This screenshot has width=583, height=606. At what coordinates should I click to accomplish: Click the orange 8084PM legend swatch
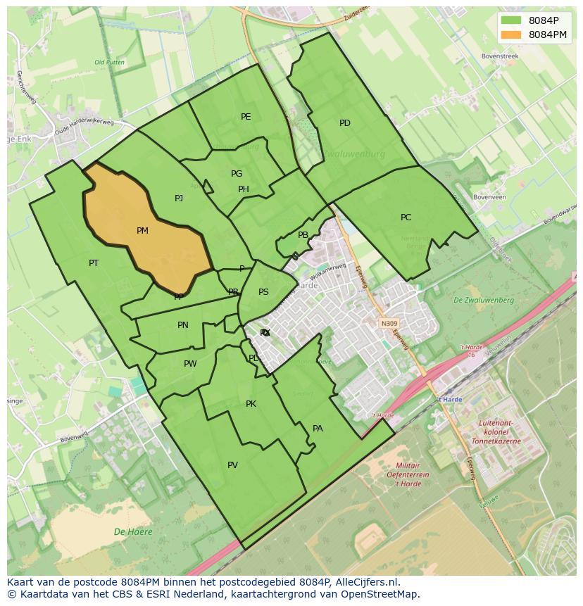pyautogui.click(x=512, y=34)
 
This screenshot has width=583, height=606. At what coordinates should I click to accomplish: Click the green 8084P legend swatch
pyautogui.click(x=512, y=20)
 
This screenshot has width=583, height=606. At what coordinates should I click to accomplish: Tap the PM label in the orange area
pyautogui.click(x=142, y=231)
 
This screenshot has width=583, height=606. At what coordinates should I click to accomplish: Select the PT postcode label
pyautogui.click(x=94, y=263)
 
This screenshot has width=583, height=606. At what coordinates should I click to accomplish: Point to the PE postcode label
pyautogui.click(x=246, y=117)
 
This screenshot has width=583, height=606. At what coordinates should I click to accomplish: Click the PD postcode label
pyautogui.click(x=345, y=123)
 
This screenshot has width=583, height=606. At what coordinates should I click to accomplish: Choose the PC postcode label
pyautogui.click(x=406, y=217)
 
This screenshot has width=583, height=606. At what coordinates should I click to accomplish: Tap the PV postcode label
pyautogui.click(x=232, y=465)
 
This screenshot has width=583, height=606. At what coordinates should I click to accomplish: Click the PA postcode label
pyautogui.click(x=318, y=429)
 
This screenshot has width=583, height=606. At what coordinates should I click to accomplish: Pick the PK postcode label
pyautogui.click(x=251, y=404)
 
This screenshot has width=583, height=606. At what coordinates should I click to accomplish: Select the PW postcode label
pyautogui.click(x=190, y=364)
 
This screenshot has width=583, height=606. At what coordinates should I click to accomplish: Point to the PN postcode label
pyautogui.click(x=183, y=325)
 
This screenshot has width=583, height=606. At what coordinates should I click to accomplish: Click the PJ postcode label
pyautogui.click(x=179, y=198)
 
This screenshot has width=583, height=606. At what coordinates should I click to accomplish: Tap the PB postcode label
pyautogui.click(x=303, y=236)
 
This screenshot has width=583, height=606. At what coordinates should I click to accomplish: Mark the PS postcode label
pyautogui.click(x=263, y=292)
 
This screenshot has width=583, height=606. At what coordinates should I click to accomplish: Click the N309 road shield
pyautogui.click(x=389, y=324)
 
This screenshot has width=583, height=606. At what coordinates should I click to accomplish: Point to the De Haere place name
pyautogui.click(x=133, y=532)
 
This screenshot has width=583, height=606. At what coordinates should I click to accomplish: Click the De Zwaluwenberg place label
pyautogui.click(x=484, y=301)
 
